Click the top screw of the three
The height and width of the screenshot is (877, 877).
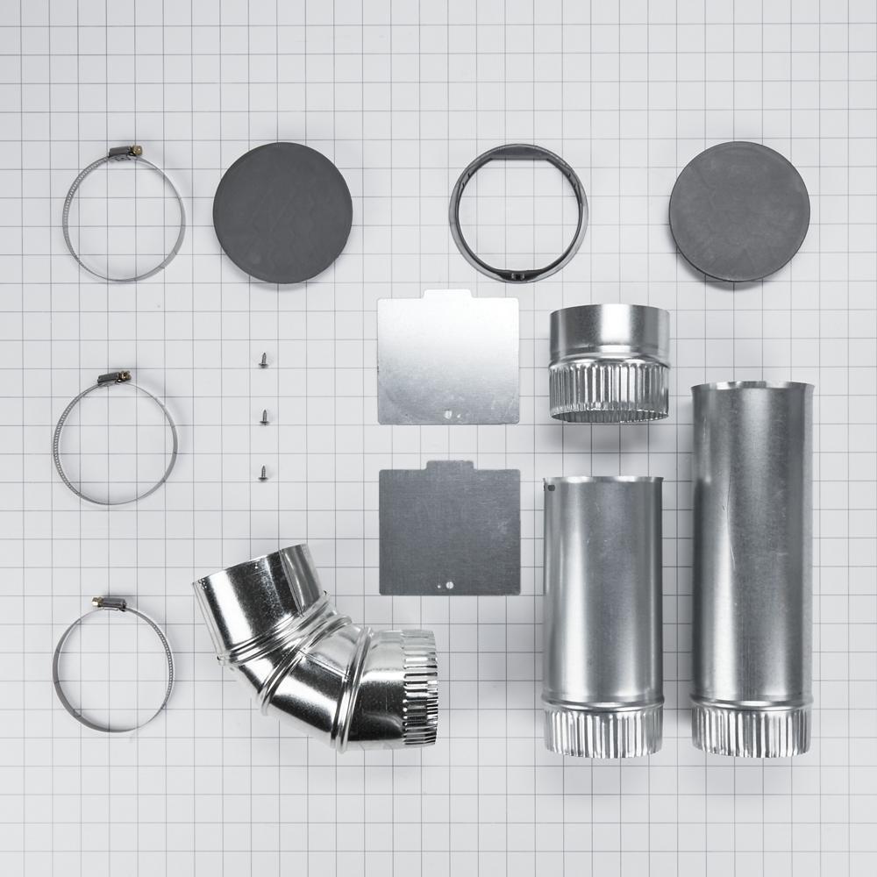pos(263,360)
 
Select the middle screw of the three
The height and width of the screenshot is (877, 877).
pos(264,417)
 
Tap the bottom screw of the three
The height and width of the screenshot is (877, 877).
pos(264,473)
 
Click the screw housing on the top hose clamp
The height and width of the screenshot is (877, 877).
pos(125,153)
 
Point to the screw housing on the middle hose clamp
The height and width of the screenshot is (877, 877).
pos(115,378)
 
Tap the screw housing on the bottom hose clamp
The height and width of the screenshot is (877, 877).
pos(110,603)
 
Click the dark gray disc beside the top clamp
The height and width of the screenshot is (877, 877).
pos(282,212)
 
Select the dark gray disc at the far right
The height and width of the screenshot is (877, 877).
pos(738,211)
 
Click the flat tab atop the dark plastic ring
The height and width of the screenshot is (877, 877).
pos(517,153)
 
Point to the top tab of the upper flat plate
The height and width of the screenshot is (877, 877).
pos(447,296)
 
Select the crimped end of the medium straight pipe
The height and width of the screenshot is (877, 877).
pos(602,730)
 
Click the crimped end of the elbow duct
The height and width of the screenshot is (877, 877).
pos(417,688)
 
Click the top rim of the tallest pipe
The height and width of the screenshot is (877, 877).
pos(752,386)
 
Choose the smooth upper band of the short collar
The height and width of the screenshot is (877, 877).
pos(608,331)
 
